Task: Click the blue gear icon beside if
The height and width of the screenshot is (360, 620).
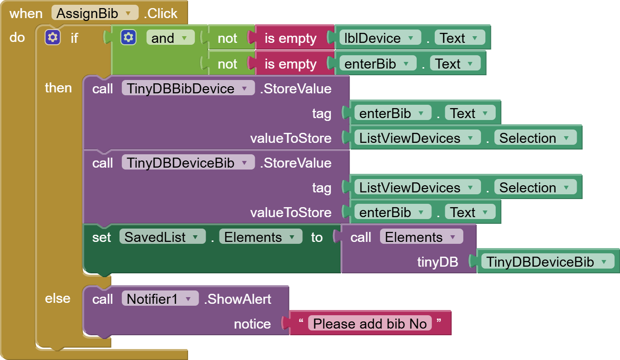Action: point(52,38)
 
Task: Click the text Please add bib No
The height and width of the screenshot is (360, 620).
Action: point(370,324)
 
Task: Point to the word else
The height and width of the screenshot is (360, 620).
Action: point(58,299)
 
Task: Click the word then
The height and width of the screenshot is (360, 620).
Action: point(58,88)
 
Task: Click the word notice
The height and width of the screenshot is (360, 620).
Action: point(252,324)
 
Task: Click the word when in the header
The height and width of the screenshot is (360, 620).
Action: point(26,13)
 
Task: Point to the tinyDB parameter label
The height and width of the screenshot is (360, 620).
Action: point(438,262)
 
